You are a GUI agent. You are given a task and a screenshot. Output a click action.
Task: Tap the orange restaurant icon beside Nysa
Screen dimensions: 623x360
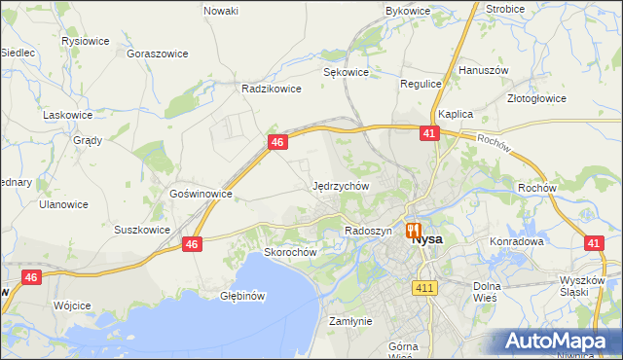point(414,232)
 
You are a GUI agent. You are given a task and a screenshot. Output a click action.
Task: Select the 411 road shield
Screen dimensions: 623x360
point(423,288)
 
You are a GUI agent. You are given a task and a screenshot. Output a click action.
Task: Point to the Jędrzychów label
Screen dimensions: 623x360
point(341,185)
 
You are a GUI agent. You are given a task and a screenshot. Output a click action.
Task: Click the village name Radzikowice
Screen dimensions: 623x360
point(272,87)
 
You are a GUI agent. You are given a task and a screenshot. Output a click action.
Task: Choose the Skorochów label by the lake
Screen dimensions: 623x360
point(291,252)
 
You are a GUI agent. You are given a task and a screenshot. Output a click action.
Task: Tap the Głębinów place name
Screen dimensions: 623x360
point(243,296)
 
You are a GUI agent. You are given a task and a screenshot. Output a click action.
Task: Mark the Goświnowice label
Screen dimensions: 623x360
point(201,194)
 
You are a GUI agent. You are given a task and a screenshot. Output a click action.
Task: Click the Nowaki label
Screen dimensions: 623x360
point(221,11)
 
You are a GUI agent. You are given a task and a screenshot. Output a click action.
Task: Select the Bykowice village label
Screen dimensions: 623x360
point(408,11)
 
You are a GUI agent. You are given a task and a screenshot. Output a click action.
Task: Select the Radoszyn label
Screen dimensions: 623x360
point(368,231)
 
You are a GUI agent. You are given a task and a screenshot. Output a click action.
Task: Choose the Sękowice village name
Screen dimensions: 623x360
point(346,72)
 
